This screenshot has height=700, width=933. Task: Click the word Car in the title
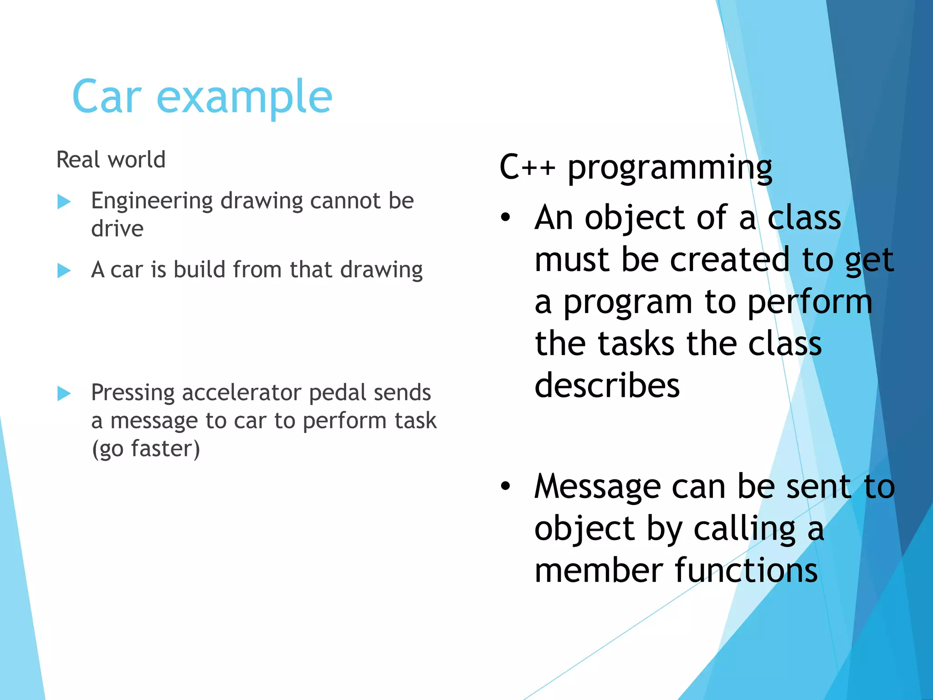[x=107, y=97]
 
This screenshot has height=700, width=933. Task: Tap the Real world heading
[x=111, y=160]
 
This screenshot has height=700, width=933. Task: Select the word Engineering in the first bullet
[x=152, y=201]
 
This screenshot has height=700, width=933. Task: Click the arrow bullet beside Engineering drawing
[x=64, y=201]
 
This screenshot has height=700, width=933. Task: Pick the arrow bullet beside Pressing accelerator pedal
[x=64, y=393]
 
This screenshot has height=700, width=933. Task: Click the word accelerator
[x=241, y=392]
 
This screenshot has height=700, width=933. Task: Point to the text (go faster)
[x=146, y=449]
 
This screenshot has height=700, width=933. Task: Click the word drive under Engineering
[x=117, y=228]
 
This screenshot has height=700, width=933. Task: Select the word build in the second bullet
[x=200, y=269]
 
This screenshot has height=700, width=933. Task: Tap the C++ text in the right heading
[x=527, y=167]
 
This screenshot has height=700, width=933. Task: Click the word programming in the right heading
[x=670, y=169]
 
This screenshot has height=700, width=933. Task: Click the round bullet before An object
[x=505, y=218]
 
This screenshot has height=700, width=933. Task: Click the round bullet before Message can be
[x=505, y=486]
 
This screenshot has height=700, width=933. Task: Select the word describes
[x=607, y=385]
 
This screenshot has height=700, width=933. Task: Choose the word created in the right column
[x=729, y=260]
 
